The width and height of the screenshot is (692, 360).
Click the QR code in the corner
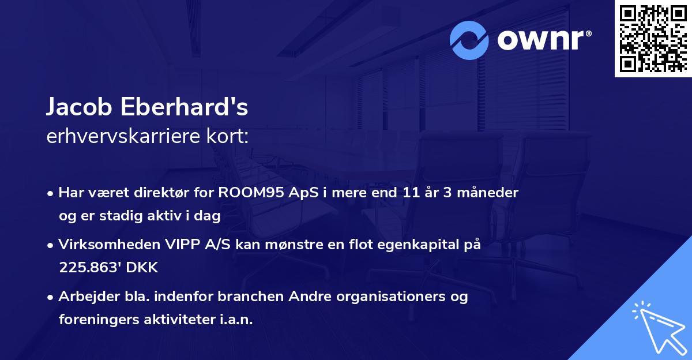pyautogui.click(x=653, y=39)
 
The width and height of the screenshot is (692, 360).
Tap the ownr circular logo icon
pyautogui.click(x=469, y=40)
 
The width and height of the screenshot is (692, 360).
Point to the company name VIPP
pyautogui.click(x=177, y=245)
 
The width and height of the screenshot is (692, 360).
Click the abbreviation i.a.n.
pyautogui.click(x=235, y=320)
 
